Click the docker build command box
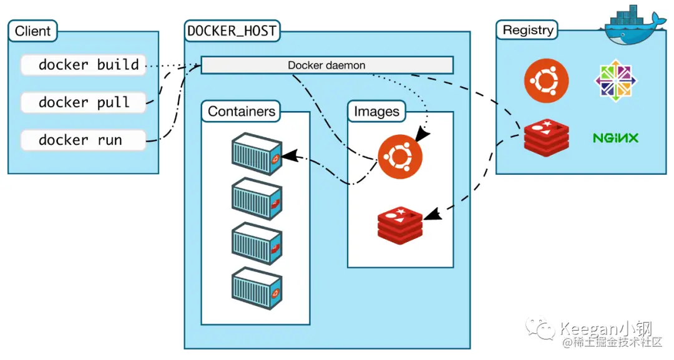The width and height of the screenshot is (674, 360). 83,65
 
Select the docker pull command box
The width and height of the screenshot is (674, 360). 83,102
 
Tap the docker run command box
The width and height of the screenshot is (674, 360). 83,140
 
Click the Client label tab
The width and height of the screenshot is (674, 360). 32,31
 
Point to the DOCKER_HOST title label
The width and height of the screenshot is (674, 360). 232,31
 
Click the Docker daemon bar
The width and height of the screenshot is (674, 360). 326,65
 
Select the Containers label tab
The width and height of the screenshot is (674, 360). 241,112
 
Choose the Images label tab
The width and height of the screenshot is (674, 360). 376,112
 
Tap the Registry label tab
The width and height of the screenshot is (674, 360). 528,30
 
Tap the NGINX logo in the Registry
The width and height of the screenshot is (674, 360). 615,138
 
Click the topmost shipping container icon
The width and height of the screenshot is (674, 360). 256,153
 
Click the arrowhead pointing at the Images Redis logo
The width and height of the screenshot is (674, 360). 432,213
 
